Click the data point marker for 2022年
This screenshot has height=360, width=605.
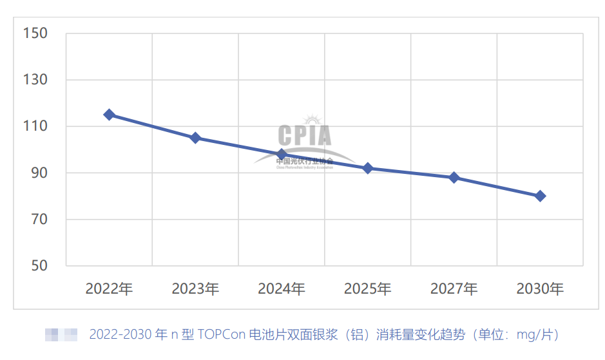click(x=110, y=115)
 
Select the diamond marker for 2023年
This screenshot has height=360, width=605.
click(x=195, y=138)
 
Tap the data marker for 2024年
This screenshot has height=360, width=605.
click(x=282, y=155)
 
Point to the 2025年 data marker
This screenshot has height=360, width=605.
click(x=368, y=168)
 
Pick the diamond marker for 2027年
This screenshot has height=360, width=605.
click(x=454, y=177)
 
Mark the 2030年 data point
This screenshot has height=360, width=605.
click(x=541, y=196)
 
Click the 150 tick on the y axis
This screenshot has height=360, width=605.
click(x=35, y=33)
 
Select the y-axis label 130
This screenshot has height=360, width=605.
click(x=35, y=80)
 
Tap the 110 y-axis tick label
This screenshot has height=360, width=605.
click(x=35, y=126)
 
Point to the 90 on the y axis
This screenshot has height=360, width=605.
click(x=39, y=173)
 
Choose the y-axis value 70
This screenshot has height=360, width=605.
click(x=39, y=220)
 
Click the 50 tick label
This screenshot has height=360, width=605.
click(x=39, y=265)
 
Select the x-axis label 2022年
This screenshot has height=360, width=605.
click(x=110, y=289)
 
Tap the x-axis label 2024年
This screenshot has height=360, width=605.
click(x=282, y=289)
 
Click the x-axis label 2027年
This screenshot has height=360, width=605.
click(x=454, y=289)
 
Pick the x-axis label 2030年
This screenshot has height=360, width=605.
click(x=541, y=289)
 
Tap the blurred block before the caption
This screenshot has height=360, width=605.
click(x=61, y=335)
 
